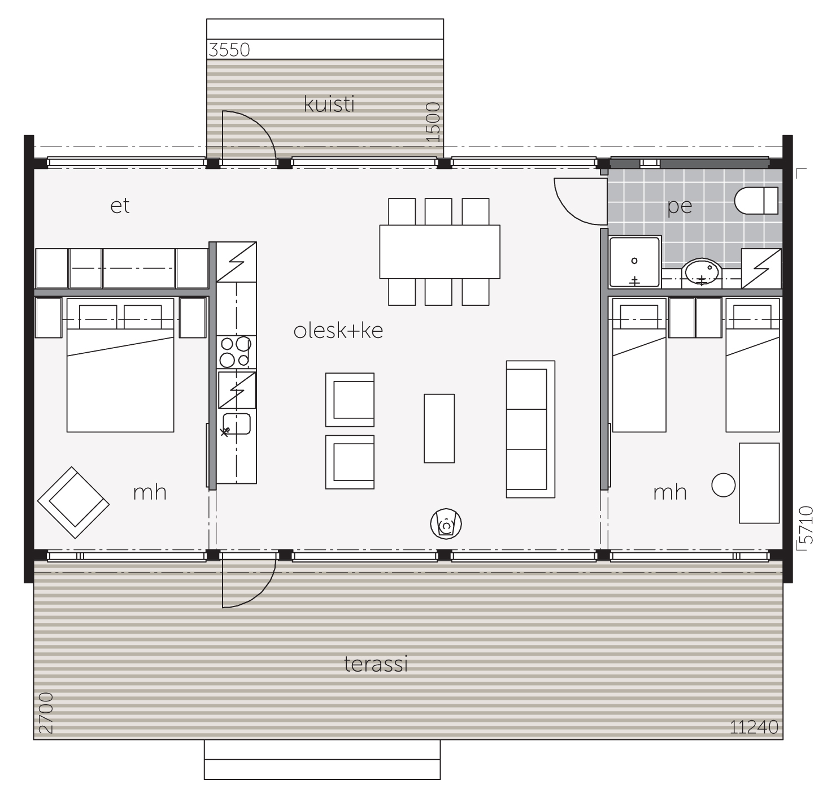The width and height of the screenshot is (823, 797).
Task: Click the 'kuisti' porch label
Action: click(x=329, y=105)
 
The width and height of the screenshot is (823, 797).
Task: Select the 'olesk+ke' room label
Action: click(x=338, y=331)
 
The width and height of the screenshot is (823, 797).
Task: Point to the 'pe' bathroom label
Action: click(x=680, y=207)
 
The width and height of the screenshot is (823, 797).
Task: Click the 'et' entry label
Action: click(x=120, y=206)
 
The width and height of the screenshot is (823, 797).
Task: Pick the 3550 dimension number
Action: click(x=229, y=50)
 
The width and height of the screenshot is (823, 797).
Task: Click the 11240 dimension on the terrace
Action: click(x=754, y=727)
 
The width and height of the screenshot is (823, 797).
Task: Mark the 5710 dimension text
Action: click(x=807, y=525)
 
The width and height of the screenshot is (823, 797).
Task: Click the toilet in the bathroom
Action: click(x=756, y=201)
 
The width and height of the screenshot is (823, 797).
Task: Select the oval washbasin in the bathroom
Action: click(x=702, y=272)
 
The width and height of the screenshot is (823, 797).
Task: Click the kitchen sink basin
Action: click(x=237, y=424)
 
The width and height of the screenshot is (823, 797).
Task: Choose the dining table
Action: click(x=439, y=252)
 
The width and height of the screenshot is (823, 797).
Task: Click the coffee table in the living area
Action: click(x=439, y=428)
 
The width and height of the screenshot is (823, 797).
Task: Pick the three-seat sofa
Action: click(x=530, y=429)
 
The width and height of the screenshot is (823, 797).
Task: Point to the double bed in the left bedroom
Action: click(x=120, y=365)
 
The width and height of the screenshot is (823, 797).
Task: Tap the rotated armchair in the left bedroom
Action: click(x=73, y=503)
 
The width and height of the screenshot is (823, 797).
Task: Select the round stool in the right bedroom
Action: click(x=723, y=485)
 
